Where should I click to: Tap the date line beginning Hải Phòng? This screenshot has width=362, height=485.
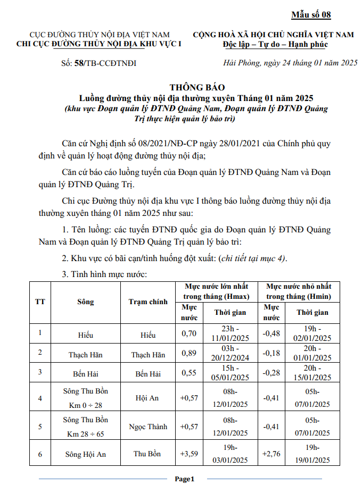click(290, 63)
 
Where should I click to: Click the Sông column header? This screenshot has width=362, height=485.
click(85, 302)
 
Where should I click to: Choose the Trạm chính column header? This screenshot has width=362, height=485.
click(148, 302)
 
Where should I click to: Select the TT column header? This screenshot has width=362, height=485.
click(40, 302)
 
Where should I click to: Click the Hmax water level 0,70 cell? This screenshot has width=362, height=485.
click(190, 334)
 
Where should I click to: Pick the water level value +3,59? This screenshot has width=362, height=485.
click(190, 454)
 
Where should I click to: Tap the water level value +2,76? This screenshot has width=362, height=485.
click(271, 454)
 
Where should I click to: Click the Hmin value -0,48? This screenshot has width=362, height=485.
click(271, 334)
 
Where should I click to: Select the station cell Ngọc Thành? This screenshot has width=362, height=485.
click(148, 427)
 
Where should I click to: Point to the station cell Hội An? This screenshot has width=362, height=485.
click(148, 398)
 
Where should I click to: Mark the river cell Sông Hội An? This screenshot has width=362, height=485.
click(85, 454)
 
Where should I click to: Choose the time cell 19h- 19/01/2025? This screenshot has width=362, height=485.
click(314, 454)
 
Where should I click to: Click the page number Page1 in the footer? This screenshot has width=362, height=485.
click(185, 479)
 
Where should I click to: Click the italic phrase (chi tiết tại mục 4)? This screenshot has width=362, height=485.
click(252, 258)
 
